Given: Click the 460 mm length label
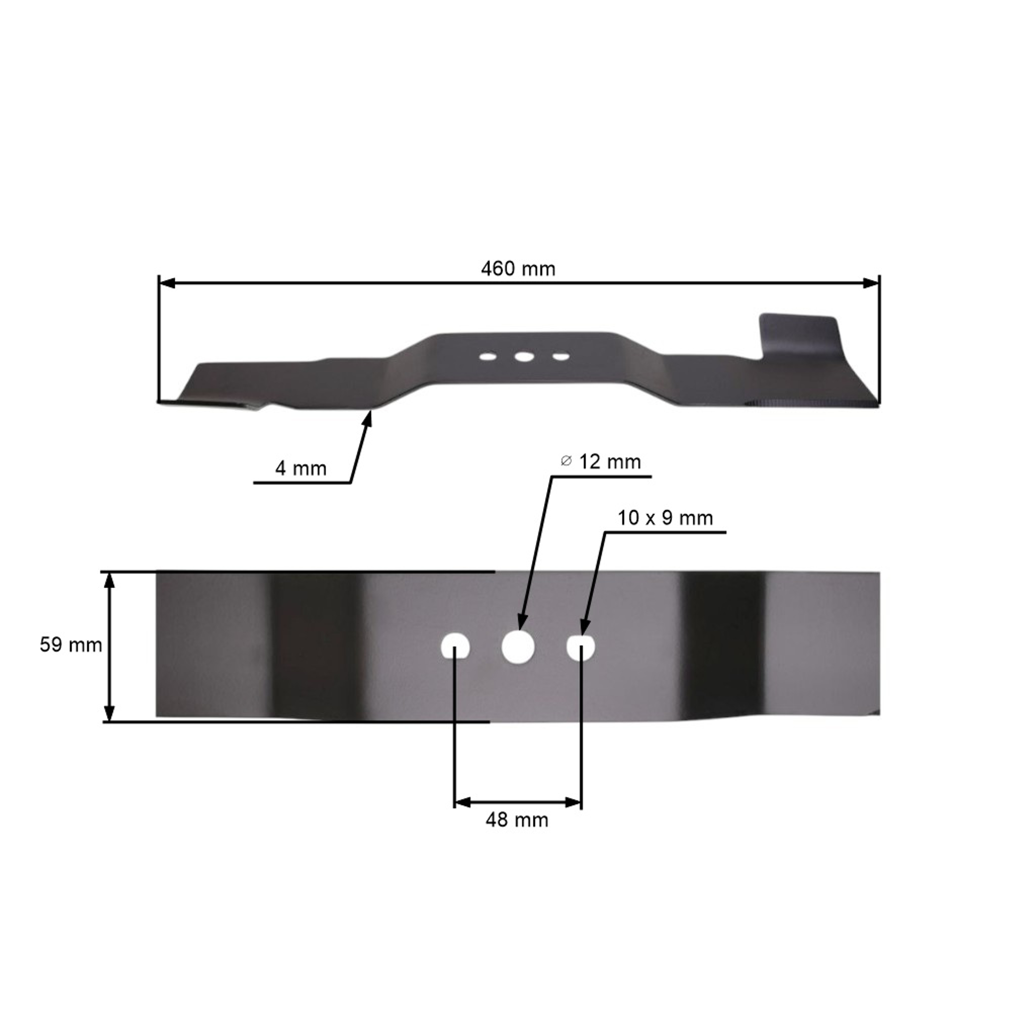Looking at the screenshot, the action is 518,269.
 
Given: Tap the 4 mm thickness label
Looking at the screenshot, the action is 301,469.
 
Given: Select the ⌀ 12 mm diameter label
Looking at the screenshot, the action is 601,462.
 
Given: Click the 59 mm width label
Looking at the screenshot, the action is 71,645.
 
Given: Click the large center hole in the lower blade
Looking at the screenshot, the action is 518,647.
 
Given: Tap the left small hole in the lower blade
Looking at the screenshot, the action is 455,647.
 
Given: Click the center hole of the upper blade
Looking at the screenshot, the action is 524,357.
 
